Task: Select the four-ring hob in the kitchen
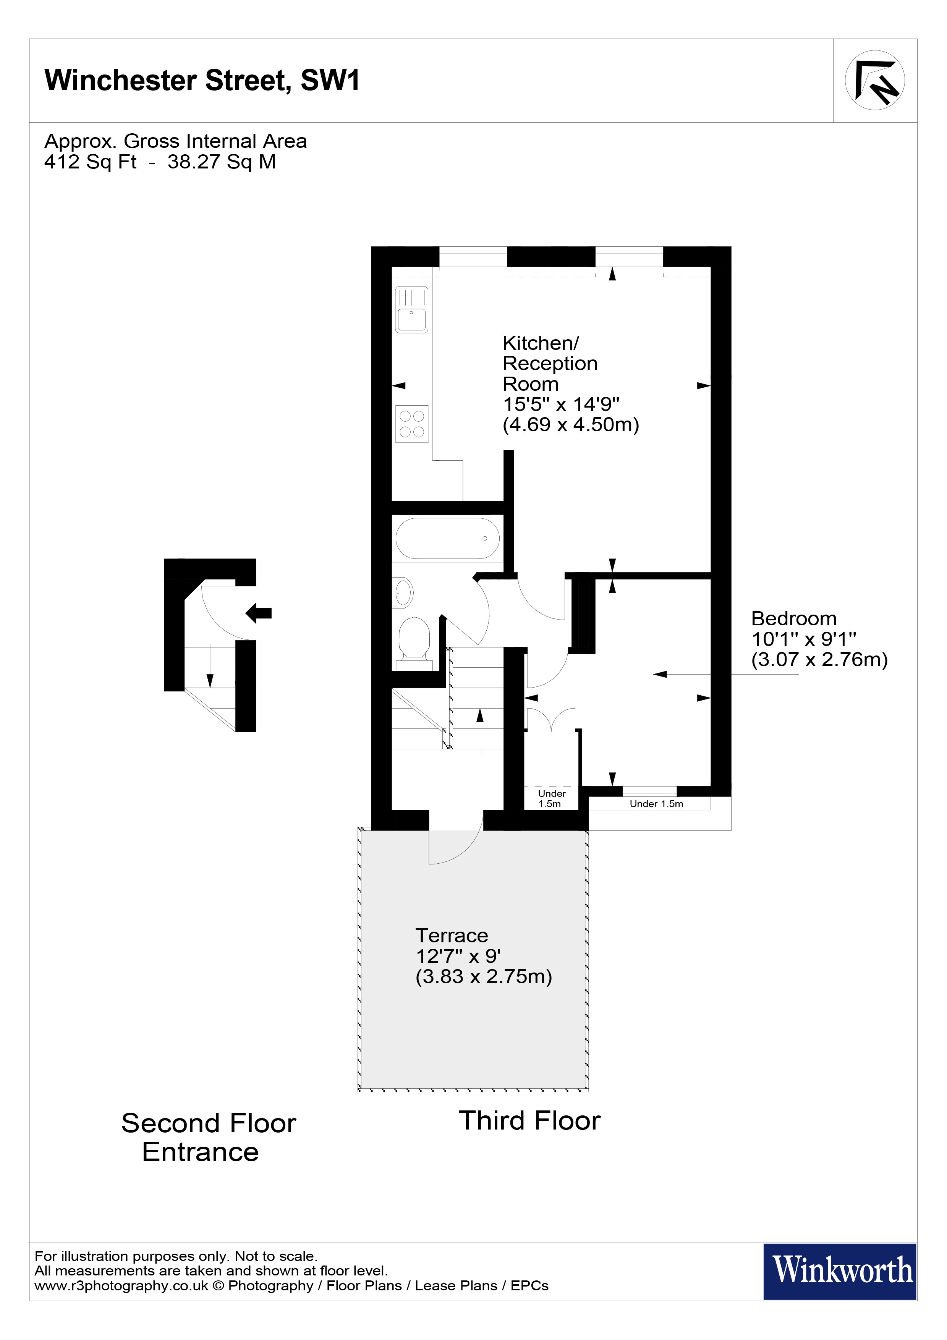point(411,424)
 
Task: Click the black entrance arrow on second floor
point(259,613)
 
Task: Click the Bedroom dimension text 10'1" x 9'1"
point(803,639)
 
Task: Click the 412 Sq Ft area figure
point(91,162)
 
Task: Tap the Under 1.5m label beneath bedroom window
point(656,804)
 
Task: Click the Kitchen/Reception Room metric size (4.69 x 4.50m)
point(571,424)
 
